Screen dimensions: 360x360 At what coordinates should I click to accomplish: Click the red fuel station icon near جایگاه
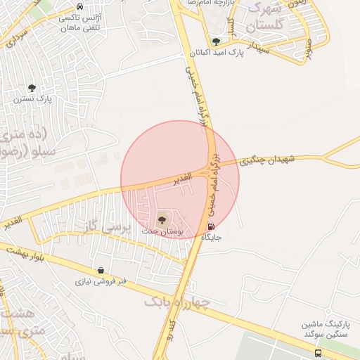tap(212, 226)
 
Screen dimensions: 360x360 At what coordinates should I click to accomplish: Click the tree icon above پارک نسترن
tap(31, 88)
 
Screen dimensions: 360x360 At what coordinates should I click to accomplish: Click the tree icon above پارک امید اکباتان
tap(215, 41)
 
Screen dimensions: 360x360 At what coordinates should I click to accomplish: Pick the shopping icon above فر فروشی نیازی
tap(101, 270)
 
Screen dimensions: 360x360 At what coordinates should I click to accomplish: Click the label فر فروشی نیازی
tap(102, 281)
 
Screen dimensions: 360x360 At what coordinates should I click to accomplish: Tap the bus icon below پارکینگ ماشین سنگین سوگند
tap(319, 354)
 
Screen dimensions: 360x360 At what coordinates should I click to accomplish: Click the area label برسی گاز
tap(108, 227)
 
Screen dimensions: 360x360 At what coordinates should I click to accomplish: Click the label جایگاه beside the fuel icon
tap(212, 238)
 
